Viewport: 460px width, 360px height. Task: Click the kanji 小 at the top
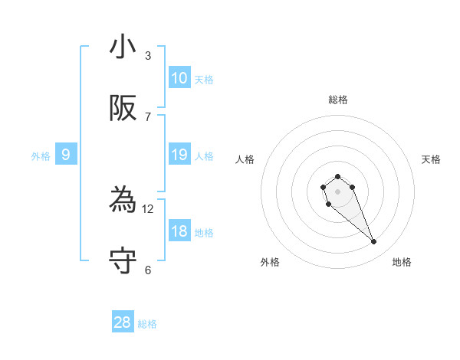click(x=123, y=47)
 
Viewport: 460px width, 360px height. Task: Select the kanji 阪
click(x=123, y=109)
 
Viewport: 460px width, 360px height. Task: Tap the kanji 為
click(x=123, y=201)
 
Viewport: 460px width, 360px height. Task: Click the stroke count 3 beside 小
click(x=148, y=56)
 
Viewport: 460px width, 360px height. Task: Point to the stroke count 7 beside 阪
click(x=148, y=117)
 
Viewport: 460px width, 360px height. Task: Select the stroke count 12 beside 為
click(x=148, y=209)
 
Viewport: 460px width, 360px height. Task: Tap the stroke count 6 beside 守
click(x=148, y=270)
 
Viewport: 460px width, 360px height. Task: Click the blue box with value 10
click(x=179, y=78)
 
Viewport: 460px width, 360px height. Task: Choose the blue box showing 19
click(x=179, y=155)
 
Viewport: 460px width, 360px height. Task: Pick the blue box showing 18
click(x=179, y=231)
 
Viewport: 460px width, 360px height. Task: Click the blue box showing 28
click(x=123, y=322)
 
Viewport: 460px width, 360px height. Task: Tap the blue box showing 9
click(x=66, y=155)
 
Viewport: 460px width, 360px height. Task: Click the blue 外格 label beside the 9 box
click(x=41, y=156)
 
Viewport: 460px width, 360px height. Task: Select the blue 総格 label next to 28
click(x=147, y=324)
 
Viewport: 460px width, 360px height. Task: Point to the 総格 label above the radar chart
click(x=338, y=100)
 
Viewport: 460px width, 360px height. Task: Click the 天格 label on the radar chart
click(x=432, y=159)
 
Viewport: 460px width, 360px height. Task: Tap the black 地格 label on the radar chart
click(x=402, y=262)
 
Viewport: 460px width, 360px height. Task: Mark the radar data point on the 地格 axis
click(x=374, y=242)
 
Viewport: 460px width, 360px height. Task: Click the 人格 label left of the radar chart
click(x=245, y=159)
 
